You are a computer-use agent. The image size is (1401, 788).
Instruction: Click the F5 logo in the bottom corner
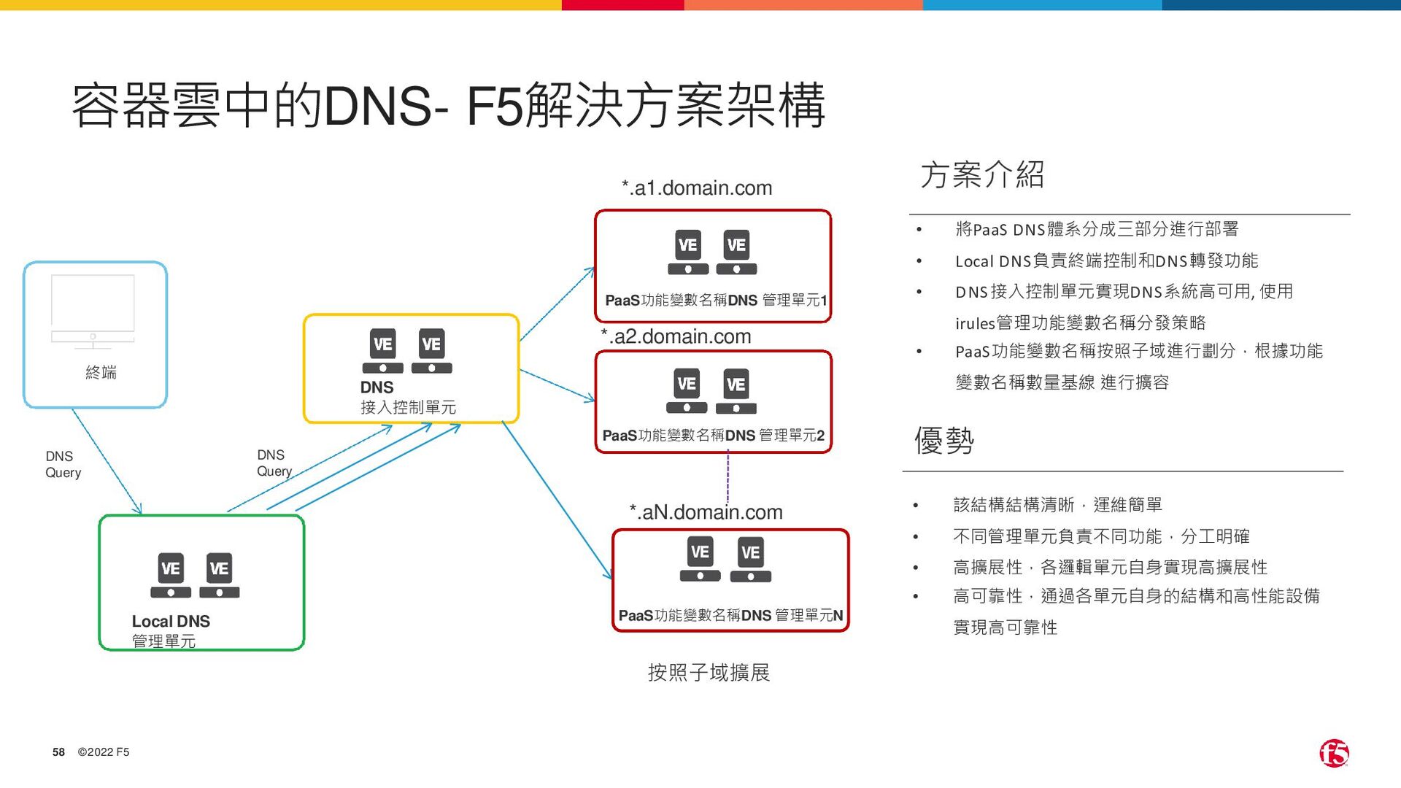click(1333, 753)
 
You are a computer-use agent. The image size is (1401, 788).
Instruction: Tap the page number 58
click(58, 752)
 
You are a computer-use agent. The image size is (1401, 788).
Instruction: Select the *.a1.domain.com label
click(697, 188)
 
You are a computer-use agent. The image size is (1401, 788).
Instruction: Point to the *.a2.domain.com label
click(676, 336)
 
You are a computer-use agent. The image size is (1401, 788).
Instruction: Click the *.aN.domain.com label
click(706, 512)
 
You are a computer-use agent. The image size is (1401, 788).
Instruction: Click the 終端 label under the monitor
click(101, 373)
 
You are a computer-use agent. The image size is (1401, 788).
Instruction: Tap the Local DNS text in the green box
click(171, 621)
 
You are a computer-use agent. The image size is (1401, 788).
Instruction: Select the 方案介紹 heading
click(982, 175)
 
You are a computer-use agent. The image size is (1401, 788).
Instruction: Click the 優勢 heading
click(944, 441)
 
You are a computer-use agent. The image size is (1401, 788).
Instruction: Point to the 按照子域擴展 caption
click(709, 672)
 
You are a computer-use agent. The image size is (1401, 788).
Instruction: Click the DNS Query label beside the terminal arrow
click(63, 464)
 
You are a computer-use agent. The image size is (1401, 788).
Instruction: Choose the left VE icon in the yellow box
click(383, 352)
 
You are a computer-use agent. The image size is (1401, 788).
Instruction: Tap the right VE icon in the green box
click(220, 576)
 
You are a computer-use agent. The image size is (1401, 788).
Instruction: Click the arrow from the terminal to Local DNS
click(107, 461)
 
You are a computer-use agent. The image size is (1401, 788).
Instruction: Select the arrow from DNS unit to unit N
click(556, 500)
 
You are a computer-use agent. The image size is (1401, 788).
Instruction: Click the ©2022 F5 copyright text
click(104, 752)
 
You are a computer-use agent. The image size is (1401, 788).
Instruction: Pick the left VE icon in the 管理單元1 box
click(688, 252)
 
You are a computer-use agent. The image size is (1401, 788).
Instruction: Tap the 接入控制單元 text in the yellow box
click(408, 407)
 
